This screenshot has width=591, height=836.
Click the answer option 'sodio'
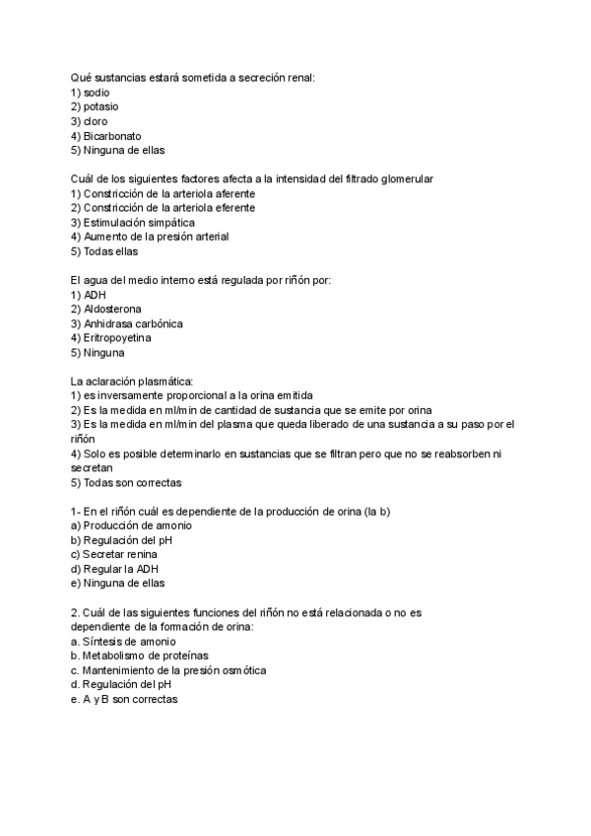coord(97,92)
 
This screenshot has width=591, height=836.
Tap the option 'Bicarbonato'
coord(112,135)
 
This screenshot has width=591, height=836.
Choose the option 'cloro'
coord(97,121)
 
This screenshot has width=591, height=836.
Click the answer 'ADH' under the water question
coord(96,295)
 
